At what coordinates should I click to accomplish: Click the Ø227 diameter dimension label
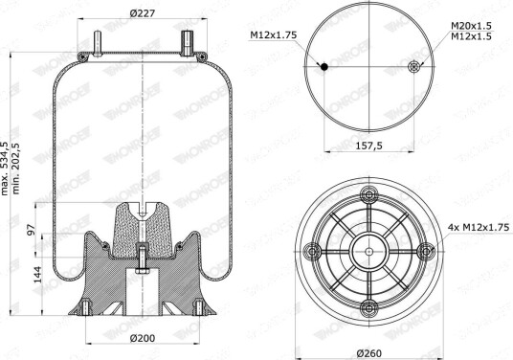[x=143, y=13]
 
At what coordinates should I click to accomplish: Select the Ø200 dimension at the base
[x=143, y=338]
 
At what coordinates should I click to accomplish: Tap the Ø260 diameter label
[x=369, y=353]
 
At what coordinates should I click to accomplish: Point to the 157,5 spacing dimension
[x=369, y=146]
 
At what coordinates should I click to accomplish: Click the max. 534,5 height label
[x=4, y=169]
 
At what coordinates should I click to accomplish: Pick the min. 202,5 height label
[x=15, y=169]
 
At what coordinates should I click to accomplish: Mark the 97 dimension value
[x=31, y=230]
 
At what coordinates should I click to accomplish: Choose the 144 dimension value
[x=37, y=275]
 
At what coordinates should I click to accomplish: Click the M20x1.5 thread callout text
[x=471, y=26]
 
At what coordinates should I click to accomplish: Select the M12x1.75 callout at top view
[x=273, y=35]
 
